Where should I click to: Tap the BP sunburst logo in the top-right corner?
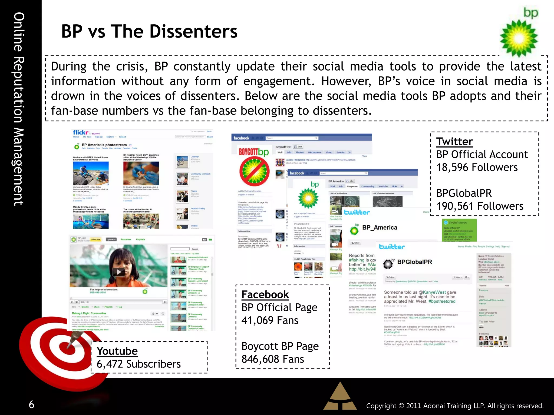519,38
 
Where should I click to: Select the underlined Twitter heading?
454,142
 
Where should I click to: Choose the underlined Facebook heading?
265,294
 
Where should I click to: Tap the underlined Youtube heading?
117,351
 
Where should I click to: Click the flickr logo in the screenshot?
81,132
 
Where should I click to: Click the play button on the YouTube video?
119,272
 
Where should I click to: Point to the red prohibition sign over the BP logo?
254,171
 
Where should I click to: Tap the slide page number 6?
32,404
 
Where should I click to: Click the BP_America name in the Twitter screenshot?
380,227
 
